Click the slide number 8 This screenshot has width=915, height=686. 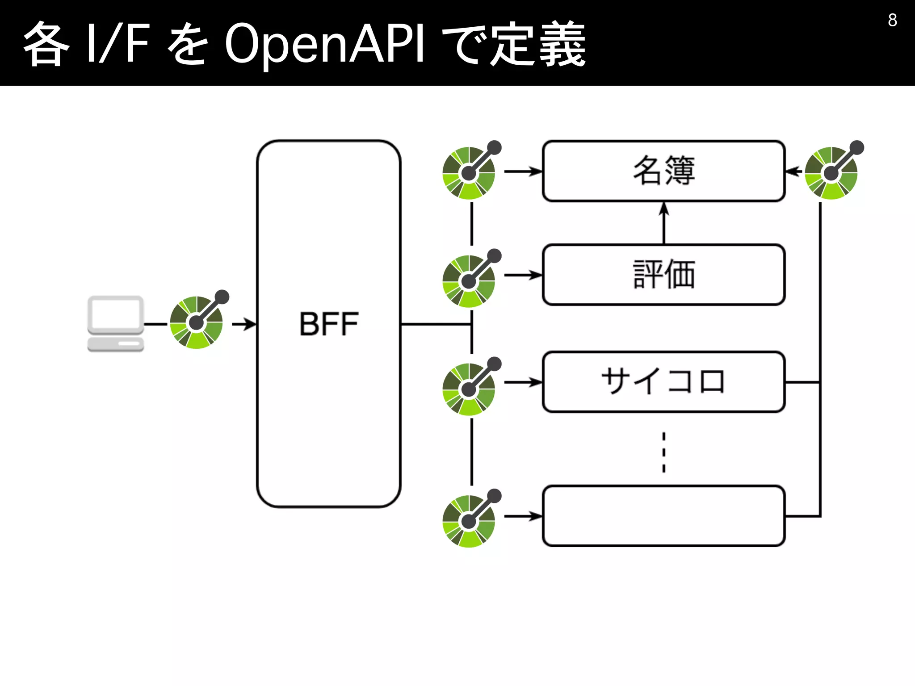coord(892,20)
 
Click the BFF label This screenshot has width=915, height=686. coord(329,324)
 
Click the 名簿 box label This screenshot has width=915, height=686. coord(664,171)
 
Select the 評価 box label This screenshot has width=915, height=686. coord(664,274)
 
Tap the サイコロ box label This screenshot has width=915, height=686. coord(664,382)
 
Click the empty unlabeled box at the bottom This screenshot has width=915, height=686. coord(664,516)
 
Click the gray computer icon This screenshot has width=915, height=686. coord(116,324)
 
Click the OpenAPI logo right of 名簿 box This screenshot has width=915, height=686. coord(832,172)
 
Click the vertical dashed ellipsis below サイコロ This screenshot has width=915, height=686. coord(664,452)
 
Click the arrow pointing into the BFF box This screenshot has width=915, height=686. coord(245,324)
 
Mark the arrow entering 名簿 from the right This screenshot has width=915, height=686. coord(793,171)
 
